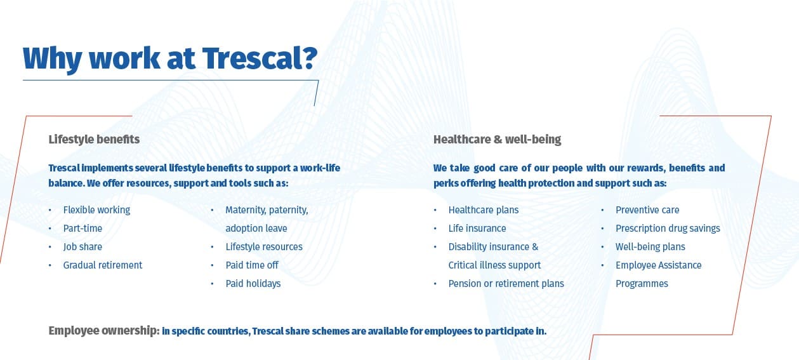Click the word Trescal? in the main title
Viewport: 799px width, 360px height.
coord(260,58)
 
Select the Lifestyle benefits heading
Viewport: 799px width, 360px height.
coord(94,139)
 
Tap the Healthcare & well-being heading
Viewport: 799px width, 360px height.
coord(497,139)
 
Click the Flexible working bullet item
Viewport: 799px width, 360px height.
coord(96,210)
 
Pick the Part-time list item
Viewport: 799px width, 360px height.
coord(83,229)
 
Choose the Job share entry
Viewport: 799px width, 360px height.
coord(83,247)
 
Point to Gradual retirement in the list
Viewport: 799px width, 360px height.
coord(103,265)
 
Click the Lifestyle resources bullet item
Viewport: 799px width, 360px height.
coord(264,247)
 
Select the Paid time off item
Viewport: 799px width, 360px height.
coord(252,265)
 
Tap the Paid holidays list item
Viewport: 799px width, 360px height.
coord(253,284)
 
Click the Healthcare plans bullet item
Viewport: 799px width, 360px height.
coord(484,210)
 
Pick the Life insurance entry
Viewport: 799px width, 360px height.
coord(477,229)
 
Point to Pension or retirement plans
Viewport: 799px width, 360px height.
coord(506,284)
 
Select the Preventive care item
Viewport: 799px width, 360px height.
coord(647,210)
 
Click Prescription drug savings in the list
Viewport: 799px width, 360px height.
coord(668,229)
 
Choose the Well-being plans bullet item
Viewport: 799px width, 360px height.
coord(650,247)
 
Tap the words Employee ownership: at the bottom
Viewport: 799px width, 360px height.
coord(103,331)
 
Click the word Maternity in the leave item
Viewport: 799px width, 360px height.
coord(245,210)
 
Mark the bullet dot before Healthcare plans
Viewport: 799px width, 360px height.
coord(435,210)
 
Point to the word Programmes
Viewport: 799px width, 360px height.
coord(642,284)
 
